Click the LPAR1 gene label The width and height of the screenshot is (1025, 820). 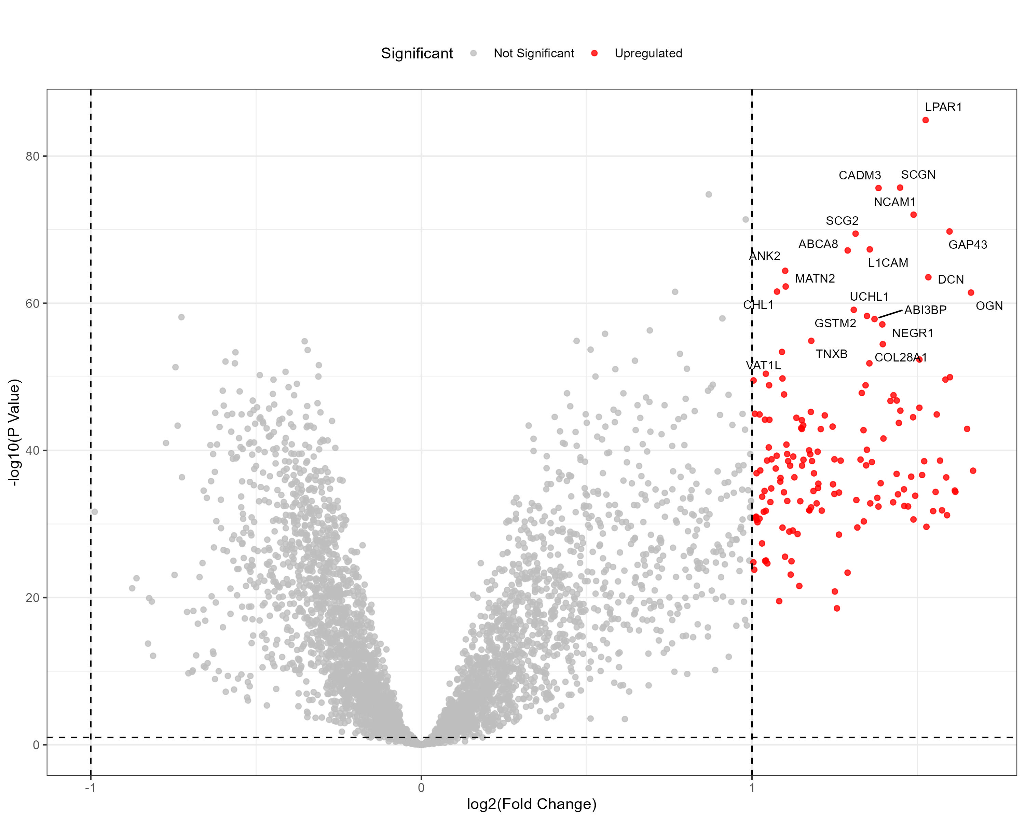(x=943, y=107)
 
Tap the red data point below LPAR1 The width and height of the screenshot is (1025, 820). (x=925, y=120)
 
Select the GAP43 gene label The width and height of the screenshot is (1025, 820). (x=968, y=245)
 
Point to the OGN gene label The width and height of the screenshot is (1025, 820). (x=989, y=306)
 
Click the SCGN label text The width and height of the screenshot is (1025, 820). (x=918, y=175)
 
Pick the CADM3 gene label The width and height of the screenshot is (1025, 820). (x=860, y=175)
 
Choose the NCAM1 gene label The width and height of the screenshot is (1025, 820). (x=894, y=202)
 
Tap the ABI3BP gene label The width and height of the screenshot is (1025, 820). (x=925, y=310)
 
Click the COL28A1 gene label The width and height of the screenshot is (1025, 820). (x=900, y=357)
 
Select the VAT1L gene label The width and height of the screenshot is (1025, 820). (x=763, y=365)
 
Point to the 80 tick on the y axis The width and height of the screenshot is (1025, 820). (x=32, y=156)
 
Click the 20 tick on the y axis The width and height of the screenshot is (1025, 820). (x=32, y=598)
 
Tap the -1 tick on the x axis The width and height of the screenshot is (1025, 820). (x=90, y=788)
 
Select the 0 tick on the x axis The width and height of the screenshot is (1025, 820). (x=421, y=788)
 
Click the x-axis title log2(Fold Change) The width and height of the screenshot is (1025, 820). (x=532, y=804)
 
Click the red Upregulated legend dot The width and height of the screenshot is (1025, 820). (x=594, y=53)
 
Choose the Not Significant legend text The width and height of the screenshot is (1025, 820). (x=533, y=53)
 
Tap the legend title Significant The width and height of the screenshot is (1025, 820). (x=416, y=53)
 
